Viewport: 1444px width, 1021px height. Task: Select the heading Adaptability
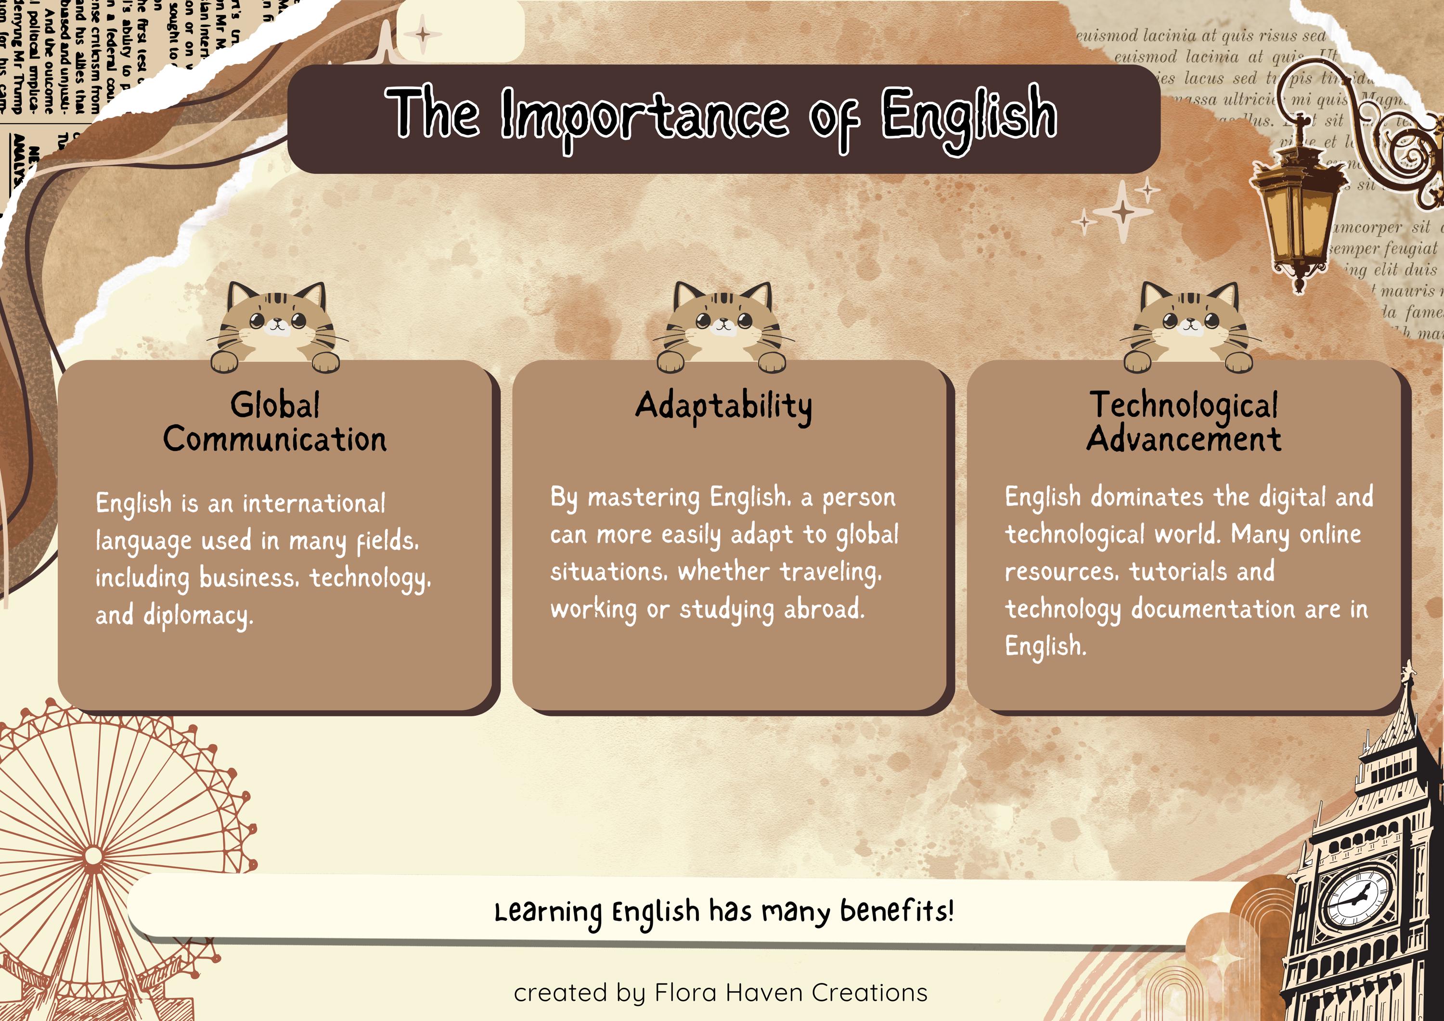pyautogui.click(x=723, y=406)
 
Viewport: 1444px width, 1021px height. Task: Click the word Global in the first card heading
pyautogui.click(x=275, y=404)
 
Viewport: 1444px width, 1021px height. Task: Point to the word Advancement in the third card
pyautogui.click(x=1184, y=439)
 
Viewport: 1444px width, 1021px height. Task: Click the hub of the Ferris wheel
pyautogui.click(x=93, y=857)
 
